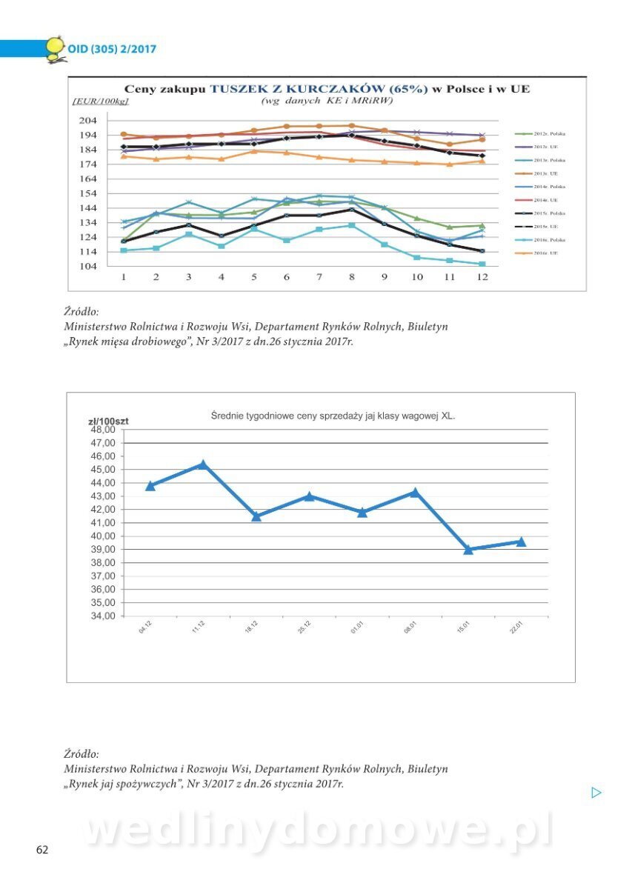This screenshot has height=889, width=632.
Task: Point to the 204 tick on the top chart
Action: pyautogui.click(x=87, y=121)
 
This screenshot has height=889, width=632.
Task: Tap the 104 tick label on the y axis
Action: pyautogui.click(x=87, y=267)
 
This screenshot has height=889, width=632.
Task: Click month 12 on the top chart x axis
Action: pyautogui.click(x=482, y=277)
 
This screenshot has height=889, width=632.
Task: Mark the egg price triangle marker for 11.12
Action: pyautogui.click(x=202, y=465)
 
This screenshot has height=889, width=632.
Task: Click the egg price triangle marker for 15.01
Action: pyautogui.click(x=468, y=549)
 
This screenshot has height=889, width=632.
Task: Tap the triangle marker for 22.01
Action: pyautogui.click(x=521, y=542)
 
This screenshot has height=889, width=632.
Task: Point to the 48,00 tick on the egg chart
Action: pyautogui.click(x=102, y=430)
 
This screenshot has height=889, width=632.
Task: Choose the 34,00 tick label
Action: pyautogui.click(x=102, y=616)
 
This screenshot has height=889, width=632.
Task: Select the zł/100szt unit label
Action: pyautogui.click(x=108, y=421)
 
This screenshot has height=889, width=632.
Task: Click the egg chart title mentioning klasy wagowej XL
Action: pyautogui.click(x=333, y=416)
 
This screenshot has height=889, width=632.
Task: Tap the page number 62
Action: pyautogui.click(x=42, y=850)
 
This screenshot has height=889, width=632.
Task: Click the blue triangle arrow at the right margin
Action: pyautogui.click(x=596, y=793)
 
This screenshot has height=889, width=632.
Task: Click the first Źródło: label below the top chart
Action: pyautogui.click(x=82, y=312)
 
